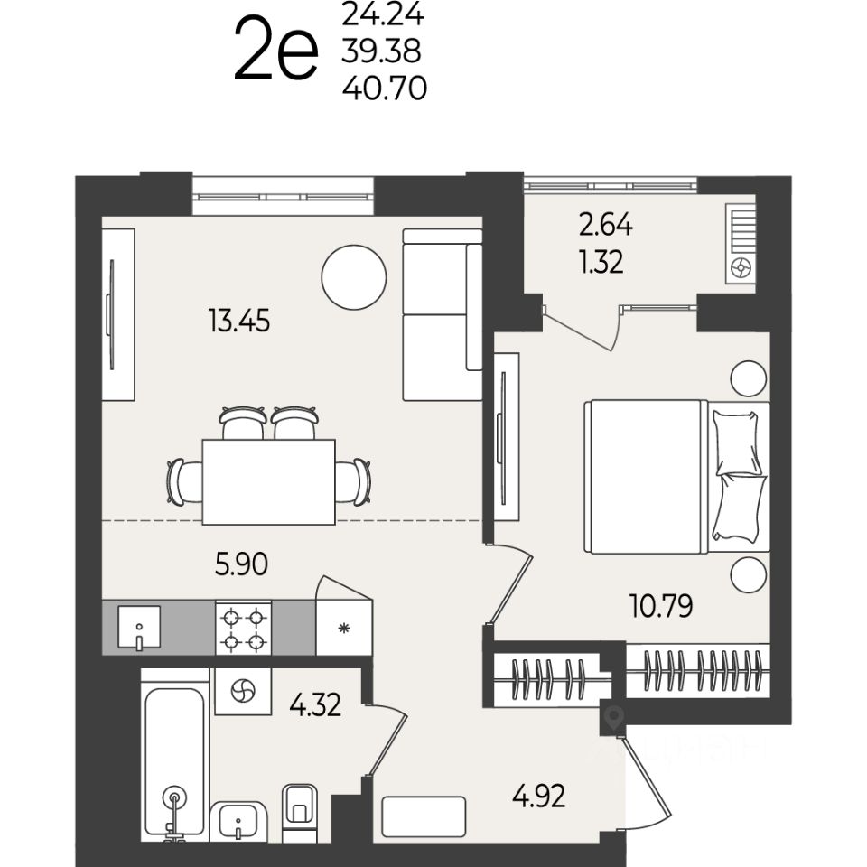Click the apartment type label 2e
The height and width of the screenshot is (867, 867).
(276, 49)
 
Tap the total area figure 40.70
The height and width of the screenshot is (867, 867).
(385, 88)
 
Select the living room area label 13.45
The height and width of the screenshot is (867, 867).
(239, 321)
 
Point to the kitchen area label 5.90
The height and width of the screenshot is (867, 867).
(241, 564)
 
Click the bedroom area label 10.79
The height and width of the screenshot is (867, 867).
(661, 606)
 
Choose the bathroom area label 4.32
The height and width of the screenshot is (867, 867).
(315, 705)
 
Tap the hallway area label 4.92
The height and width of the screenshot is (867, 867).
(538, 797)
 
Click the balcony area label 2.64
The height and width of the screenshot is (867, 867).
(605, 225)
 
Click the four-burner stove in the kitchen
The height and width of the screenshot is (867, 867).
(243, 629)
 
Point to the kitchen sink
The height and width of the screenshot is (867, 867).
(139, 627)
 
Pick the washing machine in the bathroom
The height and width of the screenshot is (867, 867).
(243, 692)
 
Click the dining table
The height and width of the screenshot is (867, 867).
(269, 481)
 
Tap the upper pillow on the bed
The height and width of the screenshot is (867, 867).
(736, 443)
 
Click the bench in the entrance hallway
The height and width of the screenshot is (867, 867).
(424, 816)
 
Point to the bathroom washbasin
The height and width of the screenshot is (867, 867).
(238, 822)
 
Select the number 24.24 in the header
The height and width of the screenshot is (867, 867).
(383, 15)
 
